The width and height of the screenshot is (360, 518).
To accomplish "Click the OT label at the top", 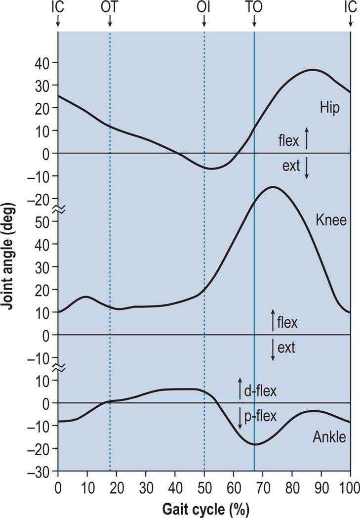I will [x=110, y=7].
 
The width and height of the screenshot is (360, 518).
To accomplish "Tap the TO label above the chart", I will [x=254, y=7].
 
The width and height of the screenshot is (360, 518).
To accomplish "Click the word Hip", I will [x=329, y=109].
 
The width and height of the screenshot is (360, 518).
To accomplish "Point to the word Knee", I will [x=331, y=220].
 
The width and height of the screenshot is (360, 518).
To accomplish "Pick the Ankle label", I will [x=329, y=437].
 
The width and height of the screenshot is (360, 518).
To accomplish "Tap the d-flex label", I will [x=260, y=391].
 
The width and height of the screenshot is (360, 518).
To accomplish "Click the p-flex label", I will [x=260, y=417].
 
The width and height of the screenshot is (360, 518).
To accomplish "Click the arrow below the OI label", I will [x=204, y=22].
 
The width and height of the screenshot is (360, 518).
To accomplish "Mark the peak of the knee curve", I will [x=272, y=187].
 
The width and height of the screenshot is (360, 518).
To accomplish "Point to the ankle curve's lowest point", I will [x=255, y=444].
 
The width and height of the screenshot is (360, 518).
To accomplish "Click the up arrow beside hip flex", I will [x=307, y=138].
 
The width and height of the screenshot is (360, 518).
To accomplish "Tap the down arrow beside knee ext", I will [x=273, y=350].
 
